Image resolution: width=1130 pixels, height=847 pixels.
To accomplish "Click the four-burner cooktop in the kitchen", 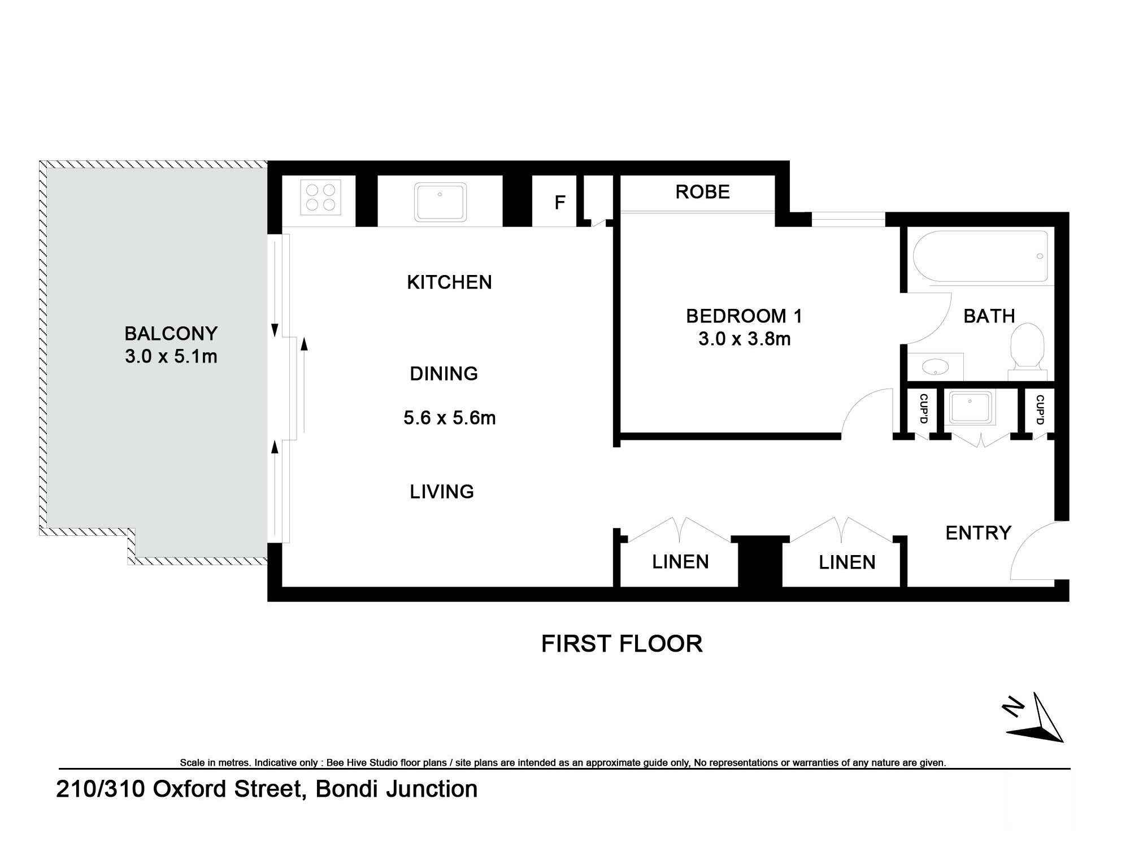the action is pos(320,197).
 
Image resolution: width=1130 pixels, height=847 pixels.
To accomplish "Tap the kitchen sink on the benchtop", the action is pos(440,202).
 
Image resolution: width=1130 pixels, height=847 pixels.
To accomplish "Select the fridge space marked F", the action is pos(560,202).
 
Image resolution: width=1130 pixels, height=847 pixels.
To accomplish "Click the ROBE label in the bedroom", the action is pos(702,192).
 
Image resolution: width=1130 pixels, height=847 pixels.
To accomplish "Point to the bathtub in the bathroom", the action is pos(980,256).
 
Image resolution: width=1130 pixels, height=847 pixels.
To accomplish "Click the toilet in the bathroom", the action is pos(1027,347).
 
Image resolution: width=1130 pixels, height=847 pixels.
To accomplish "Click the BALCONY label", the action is pos(171,334).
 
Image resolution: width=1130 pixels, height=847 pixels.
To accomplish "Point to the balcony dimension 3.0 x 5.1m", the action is pos(171,357).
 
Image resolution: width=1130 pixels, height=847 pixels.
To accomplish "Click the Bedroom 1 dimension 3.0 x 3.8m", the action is pos(744,339).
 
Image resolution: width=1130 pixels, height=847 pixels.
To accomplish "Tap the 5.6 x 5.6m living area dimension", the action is pos(450,418).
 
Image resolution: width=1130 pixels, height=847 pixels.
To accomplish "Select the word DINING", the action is pos(444,374).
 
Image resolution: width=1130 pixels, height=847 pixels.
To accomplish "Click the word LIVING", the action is pos(442,492).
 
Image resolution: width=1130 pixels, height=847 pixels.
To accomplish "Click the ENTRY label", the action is pos(979,533).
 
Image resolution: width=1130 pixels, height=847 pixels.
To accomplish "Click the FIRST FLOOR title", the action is pos(621,644).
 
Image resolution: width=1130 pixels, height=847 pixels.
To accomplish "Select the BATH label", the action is pos(989,316).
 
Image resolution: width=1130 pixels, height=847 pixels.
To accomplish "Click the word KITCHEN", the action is pos(449,282).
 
